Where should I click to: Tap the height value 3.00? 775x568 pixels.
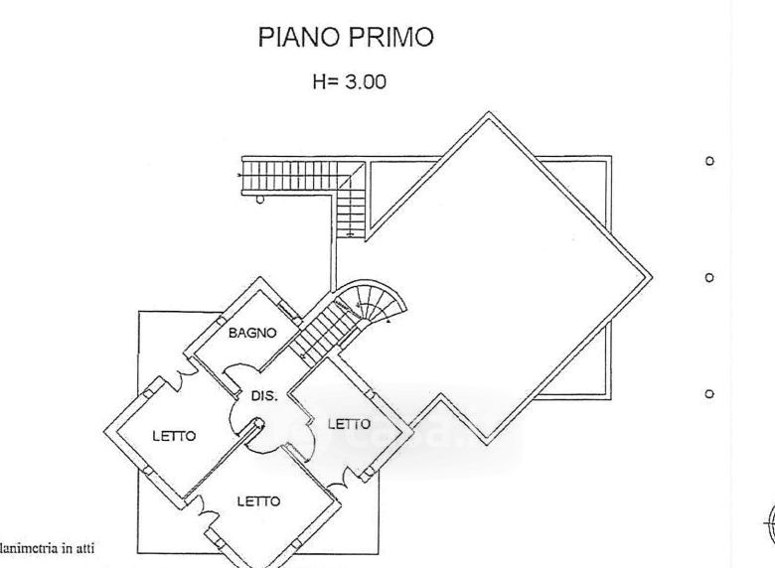[365, 83]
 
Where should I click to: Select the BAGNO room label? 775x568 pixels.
[251, 334]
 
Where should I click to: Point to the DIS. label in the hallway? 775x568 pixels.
[263, 395]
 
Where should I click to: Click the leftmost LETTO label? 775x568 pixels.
[174, 435]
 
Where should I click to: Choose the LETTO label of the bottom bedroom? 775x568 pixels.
[257, 501]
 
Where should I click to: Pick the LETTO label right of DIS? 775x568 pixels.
[349, 423]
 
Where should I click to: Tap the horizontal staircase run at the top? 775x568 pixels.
[293, 179]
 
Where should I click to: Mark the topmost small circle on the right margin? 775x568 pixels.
[708, 161]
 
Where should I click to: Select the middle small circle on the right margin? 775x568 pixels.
[708, 278]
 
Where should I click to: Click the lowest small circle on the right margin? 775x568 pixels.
[708, 394]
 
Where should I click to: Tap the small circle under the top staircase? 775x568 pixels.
[260, 199]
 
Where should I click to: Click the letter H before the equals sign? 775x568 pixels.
[319, 83]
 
